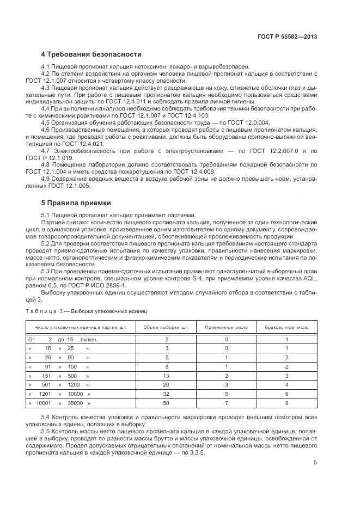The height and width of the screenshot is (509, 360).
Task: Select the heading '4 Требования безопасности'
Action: (x=91, y=54)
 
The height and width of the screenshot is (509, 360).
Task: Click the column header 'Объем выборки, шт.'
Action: (x=166, y=328)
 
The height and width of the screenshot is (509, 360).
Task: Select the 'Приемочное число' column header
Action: (x=226, y=328)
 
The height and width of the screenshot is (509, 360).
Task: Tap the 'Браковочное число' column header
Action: (x=287, y=328)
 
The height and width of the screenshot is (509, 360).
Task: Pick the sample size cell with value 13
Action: (x=166, y=376)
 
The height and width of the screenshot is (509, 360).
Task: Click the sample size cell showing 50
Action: (x=166, y=403)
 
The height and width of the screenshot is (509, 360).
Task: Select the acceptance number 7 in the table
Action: (x=226, y=403)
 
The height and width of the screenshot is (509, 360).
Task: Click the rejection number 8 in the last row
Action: (x=287, y=403)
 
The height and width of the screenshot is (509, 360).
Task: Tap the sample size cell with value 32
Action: (x=166, y=394)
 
